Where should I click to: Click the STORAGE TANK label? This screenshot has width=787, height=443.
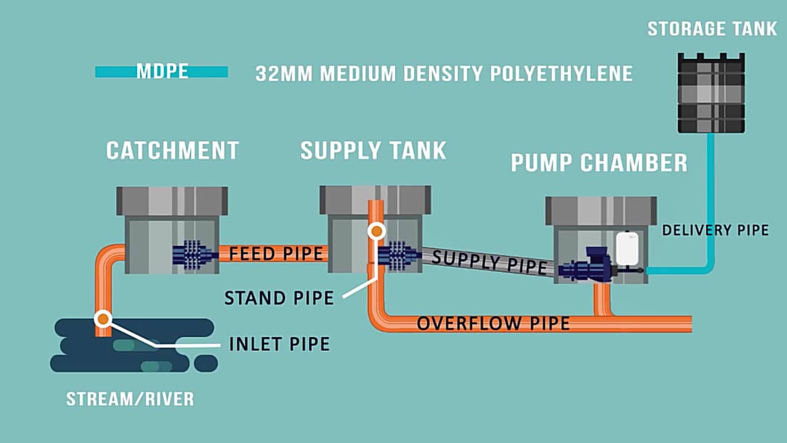(712, 29)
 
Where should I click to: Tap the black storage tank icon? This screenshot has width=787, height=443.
(711, 93)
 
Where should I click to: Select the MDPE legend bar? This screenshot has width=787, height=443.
(162, 72)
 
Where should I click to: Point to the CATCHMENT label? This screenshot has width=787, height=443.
(172, 151)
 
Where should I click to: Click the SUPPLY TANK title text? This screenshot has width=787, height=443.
(373, 151)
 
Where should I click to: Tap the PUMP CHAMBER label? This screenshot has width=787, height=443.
(599, 163)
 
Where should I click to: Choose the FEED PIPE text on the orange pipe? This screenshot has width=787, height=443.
(276, 253)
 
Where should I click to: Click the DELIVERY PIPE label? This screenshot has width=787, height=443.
(715, 230)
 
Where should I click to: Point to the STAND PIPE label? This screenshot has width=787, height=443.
(279, 298)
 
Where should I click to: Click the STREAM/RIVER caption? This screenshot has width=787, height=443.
(130, 399)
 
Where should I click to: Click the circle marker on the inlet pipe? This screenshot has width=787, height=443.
(103, 319)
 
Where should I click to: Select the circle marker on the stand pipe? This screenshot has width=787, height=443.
(376, 231)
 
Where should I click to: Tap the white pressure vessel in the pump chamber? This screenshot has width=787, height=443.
(627, 248)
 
